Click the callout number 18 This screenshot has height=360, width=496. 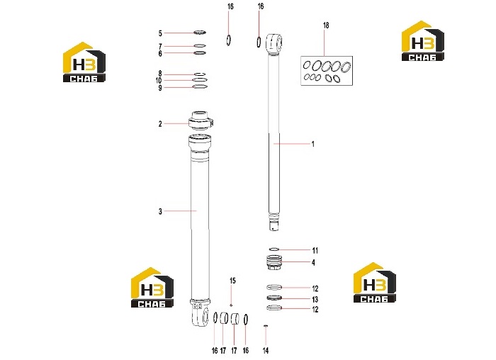326,26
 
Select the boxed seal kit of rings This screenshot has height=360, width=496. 327,71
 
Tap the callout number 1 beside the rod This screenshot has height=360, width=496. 313,145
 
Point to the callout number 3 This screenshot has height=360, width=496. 160,211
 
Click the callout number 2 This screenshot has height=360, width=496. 160,124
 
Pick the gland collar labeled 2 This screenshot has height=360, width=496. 202,120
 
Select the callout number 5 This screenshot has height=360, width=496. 160,33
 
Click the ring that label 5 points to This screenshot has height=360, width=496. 200,33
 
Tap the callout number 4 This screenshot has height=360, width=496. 313,263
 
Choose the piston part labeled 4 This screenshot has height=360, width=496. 274,263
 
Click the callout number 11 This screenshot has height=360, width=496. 315,251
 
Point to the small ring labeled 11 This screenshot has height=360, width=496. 274,249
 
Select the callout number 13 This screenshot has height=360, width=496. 315,299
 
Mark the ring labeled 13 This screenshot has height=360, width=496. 274,298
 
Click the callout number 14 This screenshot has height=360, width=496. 266,351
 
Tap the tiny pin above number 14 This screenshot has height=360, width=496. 266,325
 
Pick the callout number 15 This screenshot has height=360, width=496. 232,281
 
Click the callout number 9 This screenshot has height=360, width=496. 160,88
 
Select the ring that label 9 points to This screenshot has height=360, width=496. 200,86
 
